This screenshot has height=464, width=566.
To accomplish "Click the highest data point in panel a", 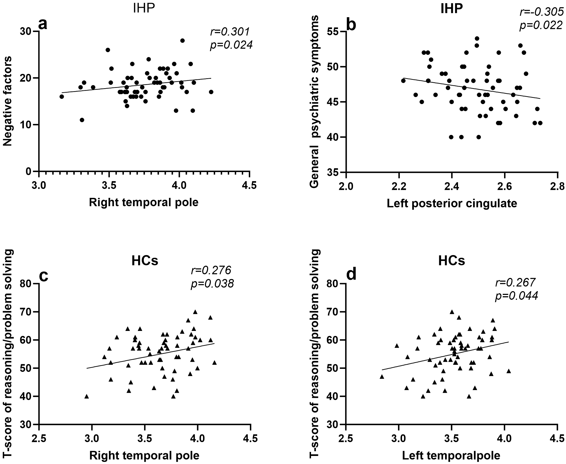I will [x=182, y=41].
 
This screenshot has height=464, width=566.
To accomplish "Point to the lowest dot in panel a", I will [x=82, y=120].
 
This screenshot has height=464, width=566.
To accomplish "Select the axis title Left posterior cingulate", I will [x=452, y=204].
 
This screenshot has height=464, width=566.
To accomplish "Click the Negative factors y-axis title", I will [x=8, y=101].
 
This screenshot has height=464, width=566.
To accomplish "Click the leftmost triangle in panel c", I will [x=86, y=397].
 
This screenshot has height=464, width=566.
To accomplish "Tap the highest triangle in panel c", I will [x=195, y=312].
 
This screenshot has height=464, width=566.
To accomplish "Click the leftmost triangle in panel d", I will [x=382, y=377].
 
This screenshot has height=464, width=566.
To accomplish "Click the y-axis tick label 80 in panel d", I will [x=334, y=284].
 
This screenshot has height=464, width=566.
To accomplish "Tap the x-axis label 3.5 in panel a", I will [x=109, y=186].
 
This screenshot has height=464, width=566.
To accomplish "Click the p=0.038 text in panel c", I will [x=212, y=283].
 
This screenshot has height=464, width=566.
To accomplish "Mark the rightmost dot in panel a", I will [x=211, y=92].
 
